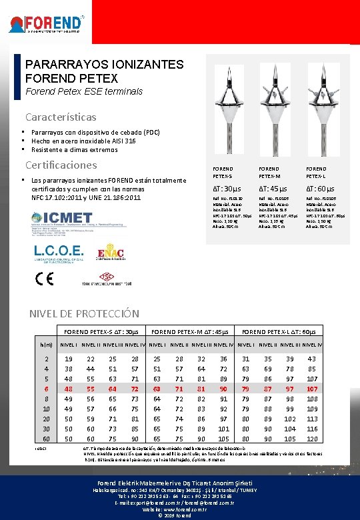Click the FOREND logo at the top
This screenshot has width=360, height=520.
46,24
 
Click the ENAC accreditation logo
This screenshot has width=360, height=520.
111,254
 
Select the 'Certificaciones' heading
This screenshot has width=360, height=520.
61,165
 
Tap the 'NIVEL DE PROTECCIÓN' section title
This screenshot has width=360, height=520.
84,313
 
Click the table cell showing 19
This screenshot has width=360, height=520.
67,359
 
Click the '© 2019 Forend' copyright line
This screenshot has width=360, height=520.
180,515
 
